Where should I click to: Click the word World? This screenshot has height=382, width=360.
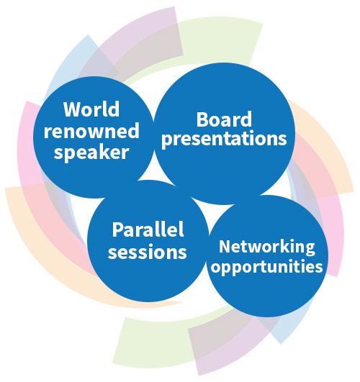coord(91,109)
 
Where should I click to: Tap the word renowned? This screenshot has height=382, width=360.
coord(91,131)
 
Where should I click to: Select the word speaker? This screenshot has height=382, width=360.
coord(91,153)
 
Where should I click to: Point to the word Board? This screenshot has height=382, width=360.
coord(224,119)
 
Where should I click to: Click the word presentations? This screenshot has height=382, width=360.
coord(224,139)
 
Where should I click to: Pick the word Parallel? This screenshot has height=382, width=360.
coord(148,229)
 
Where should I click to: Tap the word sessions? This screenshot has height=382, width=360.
coord(148,252)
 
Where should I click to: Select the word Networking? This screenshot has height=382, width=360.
coord(267,247)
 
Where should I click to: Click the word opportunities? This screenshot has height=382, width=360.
coord(267,266)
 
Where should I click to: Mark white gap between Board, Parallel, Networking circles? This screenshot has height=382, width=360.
coord(208,209)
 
